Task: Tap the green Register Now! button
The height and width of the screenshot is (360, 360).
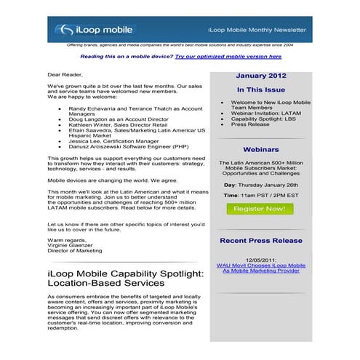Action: (257, 209)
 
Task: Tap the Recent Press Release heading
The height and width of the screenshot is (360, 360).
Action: (260, 240)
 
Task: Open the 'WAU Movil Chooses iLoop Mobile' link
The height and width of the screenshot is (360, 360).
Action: (260, 268)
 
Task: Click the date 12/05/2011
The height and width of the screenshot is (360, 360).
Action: (260, 260)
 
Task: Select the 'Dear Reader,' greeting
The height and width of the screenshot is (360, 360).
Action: (65, 74)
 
